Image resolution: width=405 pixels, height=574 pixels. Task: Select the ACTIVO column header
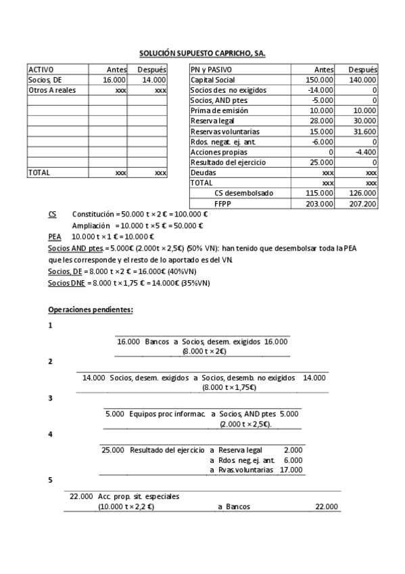41,69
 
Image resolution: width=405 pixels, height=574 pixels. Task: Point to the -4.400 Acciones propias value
365,152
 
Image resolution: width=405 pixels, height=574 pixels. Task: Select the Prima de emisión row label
219,110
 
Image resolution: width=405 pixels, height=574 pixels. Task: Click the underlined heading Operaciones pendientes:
91,309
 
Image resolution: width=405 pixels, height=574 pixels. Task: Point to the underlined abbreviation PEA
55,237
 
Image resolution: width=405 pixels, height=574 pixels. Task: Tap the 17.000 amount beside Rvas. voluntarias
291,469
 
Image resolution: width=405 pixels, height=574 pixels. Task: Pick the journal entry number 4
51,434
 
